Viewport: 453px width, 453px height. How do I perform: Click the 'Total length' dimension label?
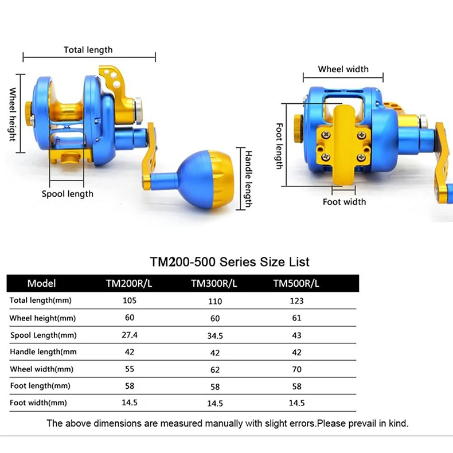pos(88,50)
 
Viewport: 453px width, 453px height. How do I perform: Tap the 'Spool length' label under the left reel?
pos(68,194)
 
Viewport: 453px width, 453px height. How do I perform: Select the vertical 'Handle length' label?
pos(248,179)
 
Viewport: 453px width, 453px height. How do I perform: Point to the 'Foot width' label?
pos(345,202)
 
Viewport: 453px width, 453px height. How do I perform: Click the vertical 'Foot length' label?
pos(279,146)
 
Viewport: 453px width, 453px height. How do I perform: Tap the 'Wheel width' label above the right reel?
pos(343,69)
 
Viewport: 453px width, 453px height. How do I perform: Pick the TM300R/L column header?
pos(214,283)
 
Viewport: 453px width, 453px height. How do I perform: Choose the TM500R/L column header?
pos(296,283)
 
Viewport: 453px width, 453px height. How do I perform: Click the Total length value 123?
pos(296,301)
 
